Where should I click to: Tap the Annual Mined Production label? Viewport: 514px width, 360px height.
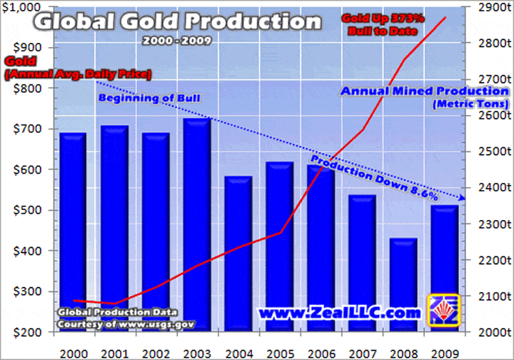pyautogui.click(x=425, y=91)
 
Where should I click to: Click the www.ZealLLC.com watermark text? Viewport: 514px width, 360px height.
pyautogui.click(x=338, y=313)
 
